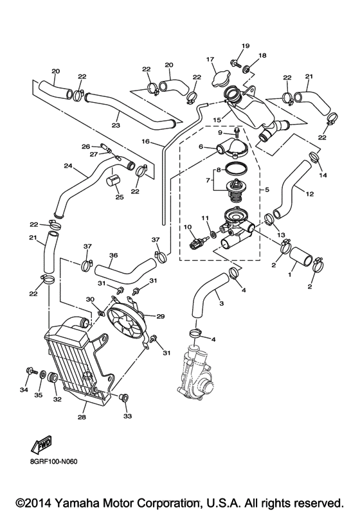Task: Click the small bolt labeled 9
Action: click(x=237, y=134)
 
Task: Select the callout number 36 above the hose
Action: click(x=113, y=254)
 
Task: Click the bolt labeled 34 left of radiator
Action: click(x=30, y=371)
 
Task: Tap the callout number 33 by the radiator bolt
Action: click(x=127, y=417)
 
